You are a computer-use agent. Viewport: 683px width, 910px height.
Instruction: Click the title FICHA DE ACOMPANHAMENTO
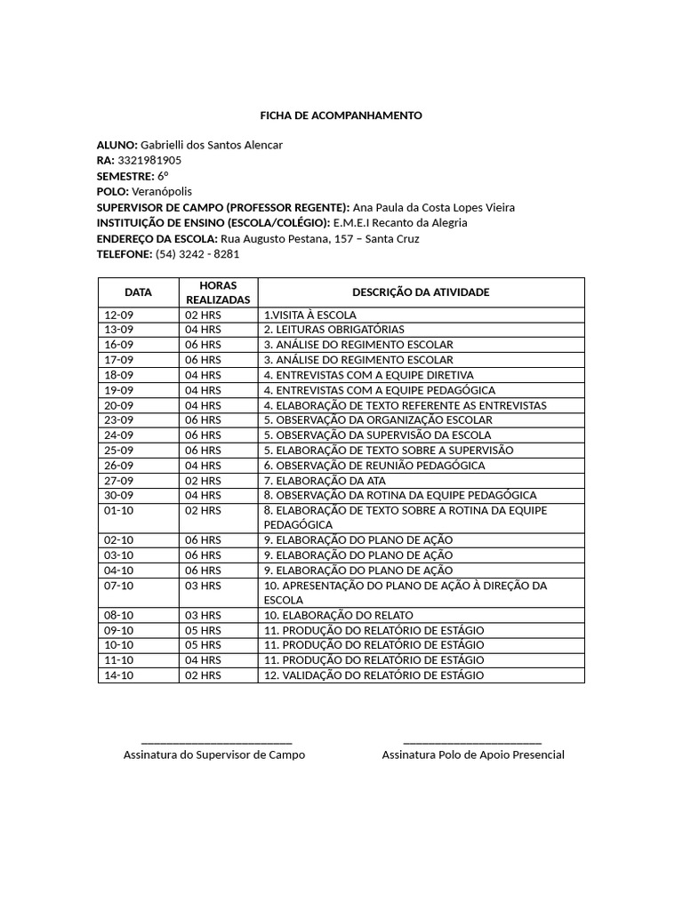(341, 116)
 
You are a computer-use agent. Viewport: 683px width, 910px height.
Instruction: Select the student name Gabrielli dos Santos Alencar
(212, 145)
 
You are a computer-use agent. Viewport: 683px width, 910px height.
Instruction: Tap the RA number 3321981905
(149, 160)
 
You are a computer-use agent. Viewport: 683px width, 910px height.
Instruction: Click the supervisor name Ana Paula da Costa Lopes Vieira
(434, 207)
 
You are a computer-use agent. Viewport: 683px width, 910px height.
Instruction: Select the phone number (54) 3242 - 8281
(197, 253)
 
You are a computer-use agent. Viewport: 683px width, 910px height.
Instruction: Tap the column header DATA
(138, 292)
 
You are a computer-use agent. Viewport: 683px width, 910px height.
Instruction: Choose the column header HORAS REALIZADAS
(218, 292)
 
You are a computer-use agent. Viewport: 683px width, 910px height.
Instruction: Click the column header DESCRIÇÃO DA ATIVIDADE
(421, 292)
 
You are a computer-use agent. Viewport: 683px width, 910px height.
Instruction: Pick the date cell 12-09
(119, 315)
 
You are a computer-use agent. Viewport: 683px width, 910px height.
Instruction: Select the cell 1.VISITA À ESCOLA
(310, 315)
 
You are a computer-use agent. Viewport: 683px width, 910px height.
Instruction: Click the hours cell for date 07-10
(203, 586)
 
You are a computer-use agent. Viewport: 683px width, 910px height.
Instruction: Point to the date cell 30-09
(119, 495)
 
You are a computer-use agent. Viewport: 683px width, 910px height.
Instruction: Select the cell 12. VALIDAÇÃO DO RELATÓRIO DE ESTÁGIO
(374, 675)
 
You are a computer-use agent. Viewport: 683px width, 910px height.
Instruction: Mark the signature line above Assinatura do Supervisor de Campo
(216, 741)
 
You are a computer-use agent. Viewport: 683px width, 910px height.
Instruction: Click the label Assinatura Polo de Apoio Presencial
(473, 754)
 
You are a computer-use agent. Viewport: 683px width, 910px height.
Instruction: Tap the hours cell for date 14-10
(203, 675)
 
